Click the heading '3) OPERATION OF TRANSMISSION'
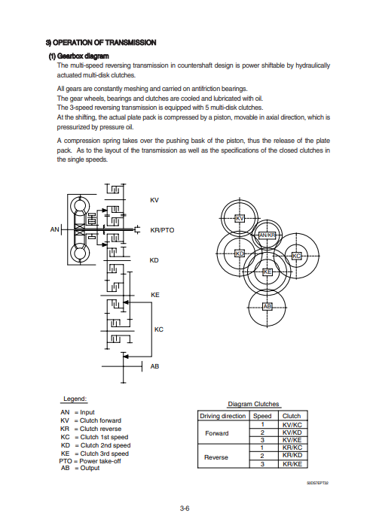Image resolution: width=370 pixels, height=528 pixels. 101,43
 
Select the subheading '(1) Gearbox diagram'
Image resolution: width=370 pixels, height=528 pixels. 79,56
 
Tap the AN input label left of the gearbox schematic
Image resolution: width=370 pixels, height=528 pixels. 55,229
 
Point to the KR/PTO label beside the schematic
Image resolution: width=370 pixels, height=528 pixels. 162,230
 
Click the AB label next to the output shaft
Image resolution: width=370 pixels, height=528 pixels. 154,366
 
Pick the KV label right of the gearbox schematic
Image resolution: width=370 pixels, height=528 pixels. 154,200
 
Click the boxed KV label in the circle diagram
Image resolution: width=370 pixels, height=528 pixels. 240,218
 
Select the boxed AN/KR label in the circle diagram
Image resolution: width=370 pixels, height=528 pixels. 267,235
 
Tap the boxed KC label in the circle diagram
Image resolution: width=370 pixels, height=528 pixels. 296,256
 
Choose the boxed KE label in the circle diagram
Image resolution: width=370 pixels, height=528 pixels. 267,272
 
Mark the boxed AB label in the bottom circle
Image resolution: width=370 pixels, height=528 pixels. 267,306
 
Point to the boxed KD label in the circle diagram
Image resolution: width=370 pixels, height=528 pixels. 240,253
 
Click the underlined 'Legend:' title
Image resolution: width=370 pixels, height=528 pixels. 75,399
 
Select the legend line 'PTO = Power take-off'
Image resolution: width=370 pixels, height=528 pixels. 90,461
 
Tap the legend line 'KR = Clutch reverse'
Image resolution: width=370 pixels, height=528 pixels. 90,429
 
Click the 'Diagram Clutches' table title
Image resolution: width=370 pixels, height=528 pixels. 253,404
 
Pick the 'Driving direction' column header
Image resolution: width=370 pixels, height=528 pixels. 223,416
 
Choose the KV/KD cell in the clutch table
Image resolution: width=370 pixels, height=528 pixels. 292,432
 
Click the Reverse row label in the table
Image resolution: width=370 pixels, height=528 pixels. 216,457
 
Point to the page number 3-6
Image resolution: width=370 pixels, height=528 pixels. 185,508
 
